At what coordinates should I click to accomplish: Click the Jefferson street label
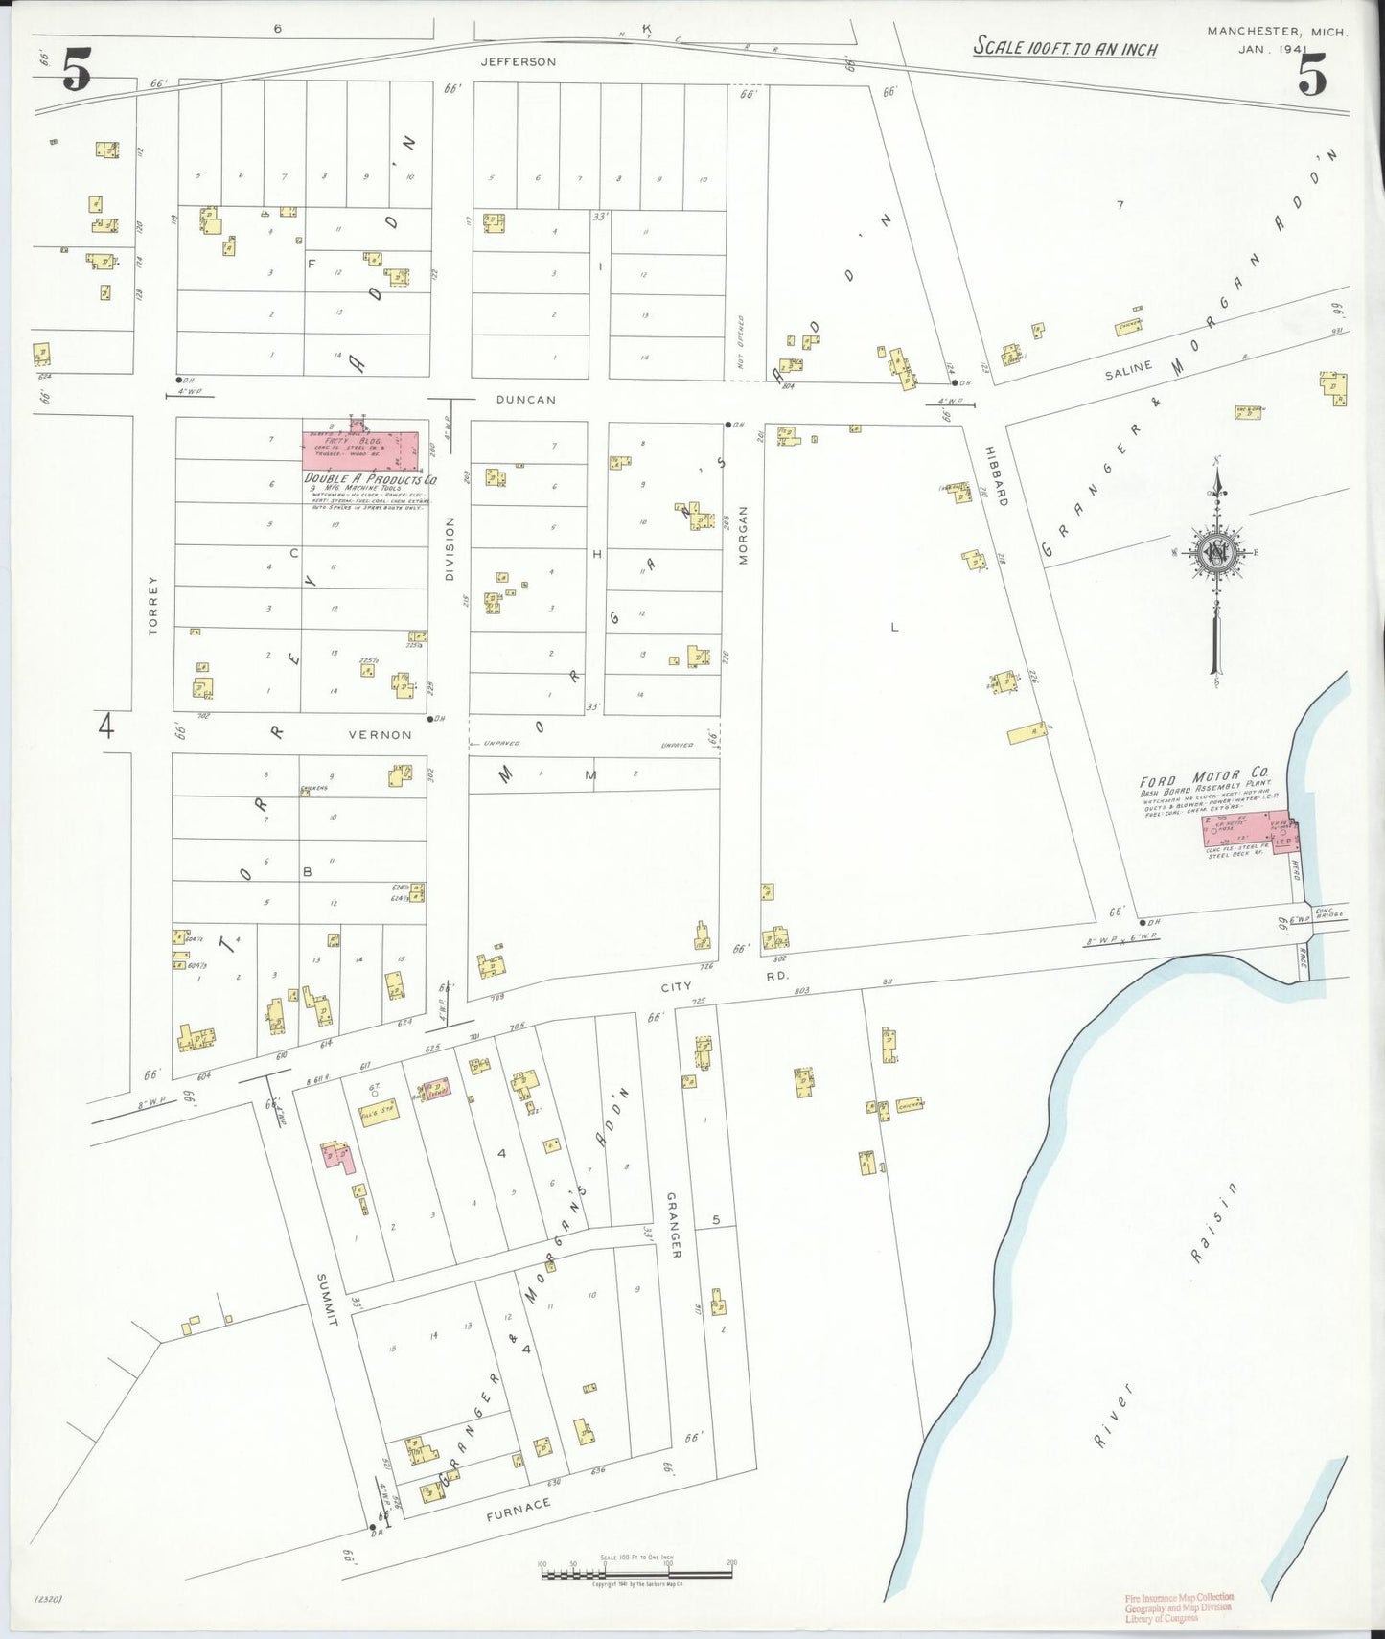click(x=518, y=61)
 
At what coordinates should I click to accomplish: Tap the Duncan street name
click(x=525, y=399)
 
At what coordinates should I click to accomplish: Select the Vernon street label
click(x=380, y=735)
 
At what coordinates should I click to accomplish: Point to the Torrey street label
click(x=153, y=606)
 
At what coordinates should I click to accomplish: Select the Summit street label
click(x=327, y=1300)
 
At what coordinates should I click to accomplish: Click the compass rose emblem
click(x=1216, y=553)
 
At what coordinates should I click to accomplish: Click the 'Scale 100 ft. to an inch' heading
click(x=1065, y=48)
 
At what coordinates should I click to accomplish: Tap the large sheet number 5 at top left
click(x=77, y=72)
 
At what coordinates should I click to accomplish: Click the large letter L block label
click(x=894, y=628)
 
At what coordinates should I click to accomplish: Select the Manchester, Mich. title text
click(x=1277, y=32)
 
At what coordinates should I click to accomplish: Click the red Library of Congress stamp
click(x=1179, y=1607)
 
